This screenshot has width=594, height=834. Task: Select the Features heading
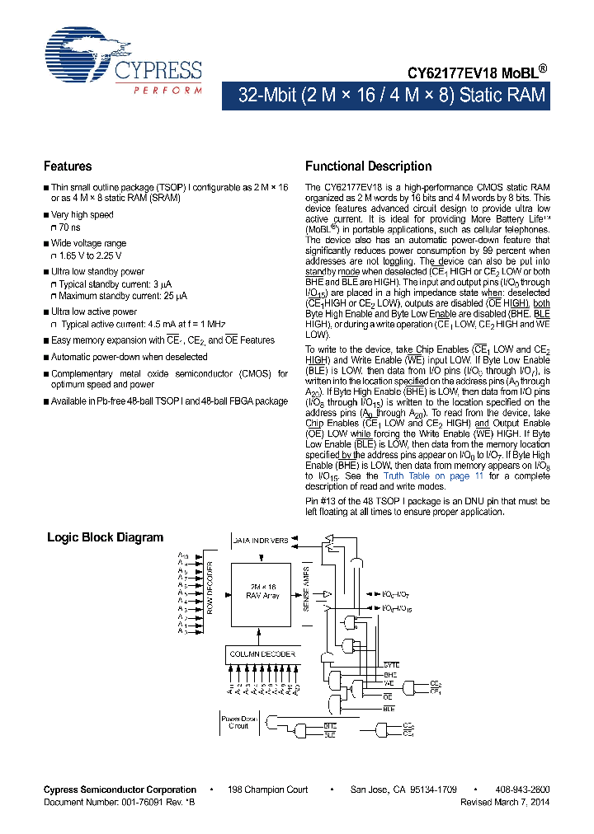click(x=68, y=166)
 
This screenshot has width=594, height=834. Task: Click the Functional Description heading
click(x=368, y=166)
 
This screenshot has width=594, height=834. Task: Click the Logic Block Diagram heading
click(x=105, y=537)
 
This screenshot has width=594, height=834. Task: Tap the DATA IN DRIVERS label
click(x=260, y=541)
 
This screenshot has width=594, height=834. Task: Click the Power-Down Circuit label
click(x=238, y=722)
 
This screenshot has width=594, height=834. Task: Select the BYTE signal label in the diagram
click(x=390, y=664)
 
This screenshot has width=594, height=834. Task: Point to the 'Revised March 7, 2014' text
click(x=504, y=801)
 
